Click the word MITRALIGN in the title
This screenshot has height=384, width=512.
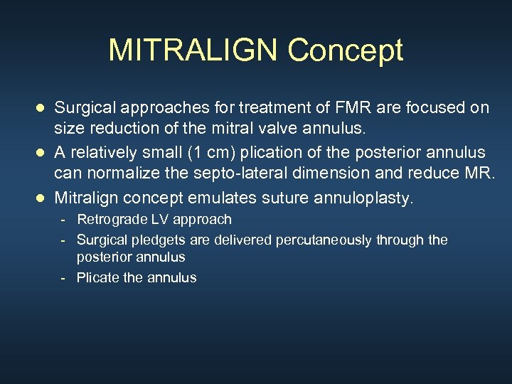[x=194, y=50]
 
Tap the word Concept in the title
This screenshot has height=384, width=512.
[x=346, y=50]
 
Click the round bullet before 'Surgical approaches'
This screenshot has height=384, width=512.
[x=41, y=108]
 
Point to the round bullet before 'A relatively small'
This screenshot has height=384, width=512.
[x=41, y=153]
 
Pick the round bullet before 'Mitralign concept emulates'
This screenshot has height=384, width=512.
[x=41, y=198]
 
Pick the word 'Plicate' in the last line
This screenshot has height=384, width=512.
[x=98, y=278]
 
